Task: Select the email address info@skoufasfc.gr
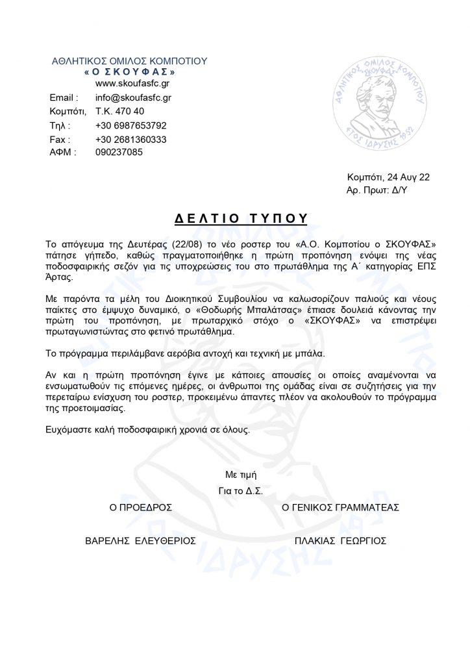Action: [133, 97]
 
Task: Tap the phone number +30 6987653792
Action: [130, 125]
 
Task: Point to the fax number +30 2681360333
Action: [130, 139]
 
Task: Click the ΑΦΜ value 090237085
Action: [119, 153]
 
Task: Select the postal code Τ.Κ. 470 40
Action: [119, 112]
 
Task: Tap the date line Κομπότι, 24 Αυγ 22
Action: [388, 177]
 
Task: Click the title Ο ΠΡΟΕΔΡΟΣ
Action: [141, 506]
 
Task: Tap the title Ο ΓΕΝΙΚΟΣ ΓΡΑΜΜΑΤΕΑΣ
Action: [340, 506]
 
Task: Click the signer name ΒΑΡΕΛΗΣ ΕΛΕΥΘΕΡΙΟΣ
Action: [141, 540]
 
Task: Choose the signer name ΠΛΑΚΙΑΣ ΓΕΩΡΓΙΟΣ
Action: [340, 540]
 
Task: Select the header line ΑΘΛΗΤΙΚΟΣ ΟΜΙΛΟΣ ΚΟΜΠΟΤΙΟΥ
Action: [129, 60]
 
